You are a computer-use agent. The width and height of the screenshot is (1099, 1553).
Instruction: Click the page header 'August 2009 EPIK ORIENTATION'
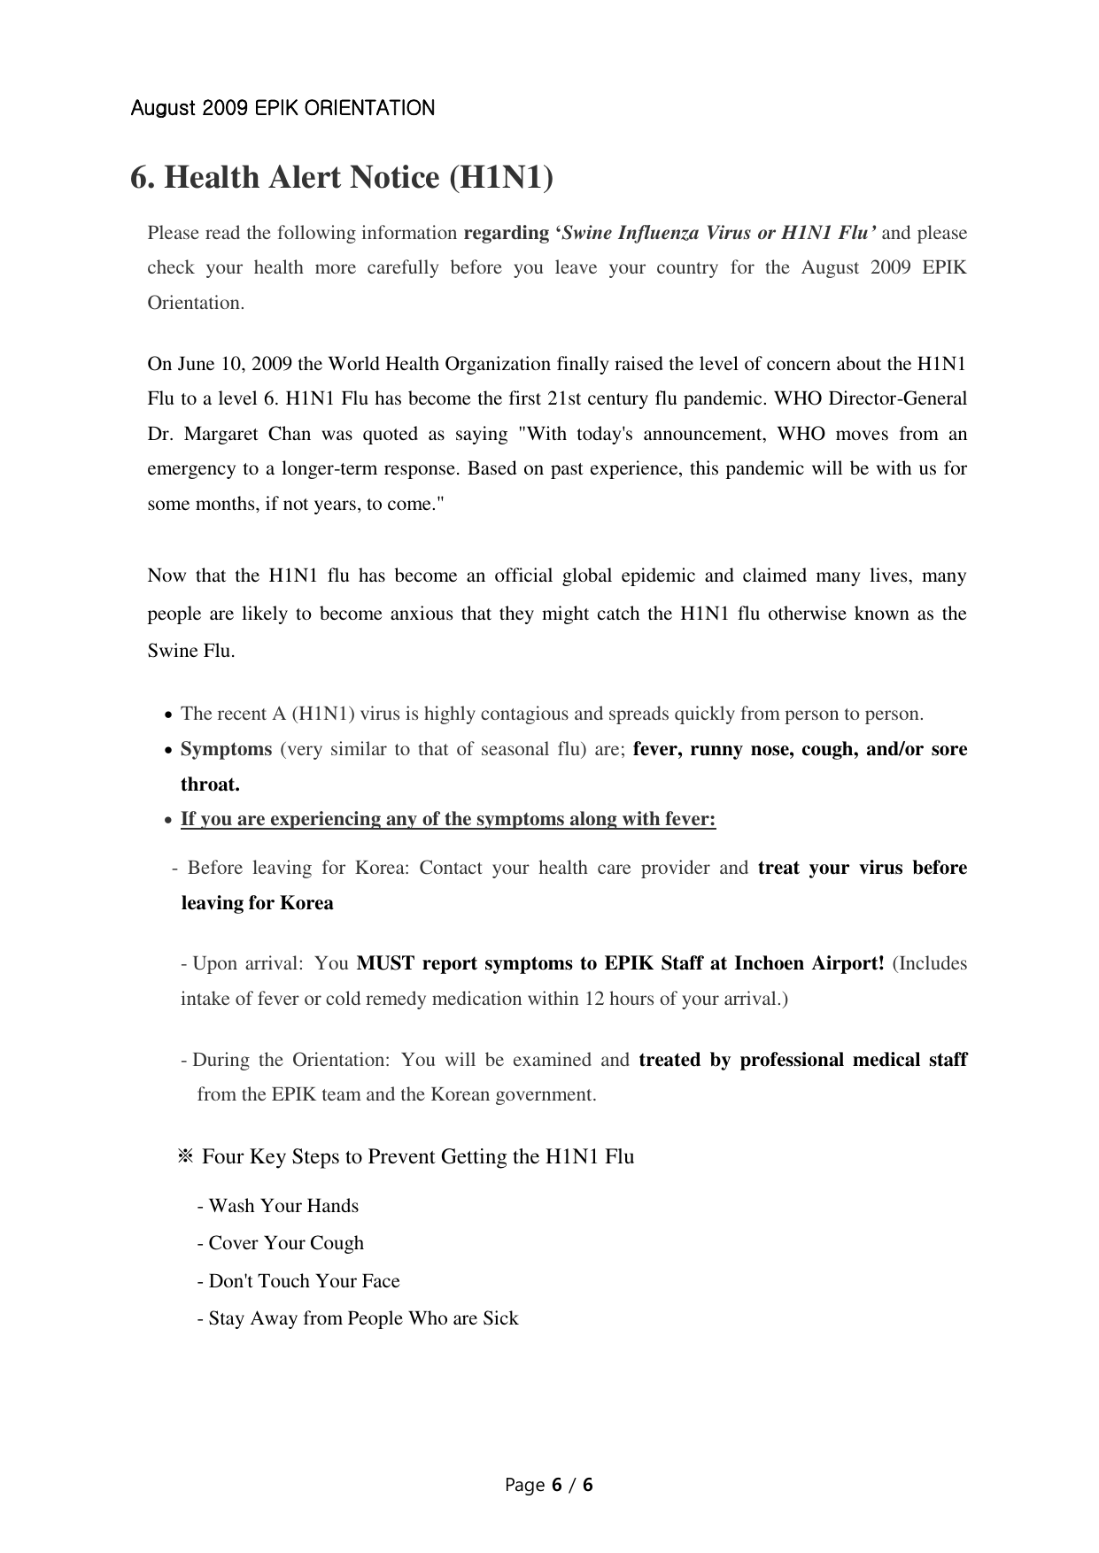click(282, 108)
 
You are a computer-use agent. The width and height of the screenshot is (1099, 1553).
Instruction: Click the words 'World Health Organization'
click(439, 364)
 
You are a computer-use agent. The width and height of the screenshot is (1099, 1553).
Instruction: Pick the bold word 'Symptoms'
click(226, 749)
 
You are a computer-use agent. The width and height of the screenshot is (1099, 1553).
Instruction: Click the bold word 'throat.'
click(210, 784)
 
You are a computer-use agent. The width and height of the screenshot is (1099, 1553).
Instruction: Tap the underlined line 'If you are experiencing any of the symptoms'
click(448, 819)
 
